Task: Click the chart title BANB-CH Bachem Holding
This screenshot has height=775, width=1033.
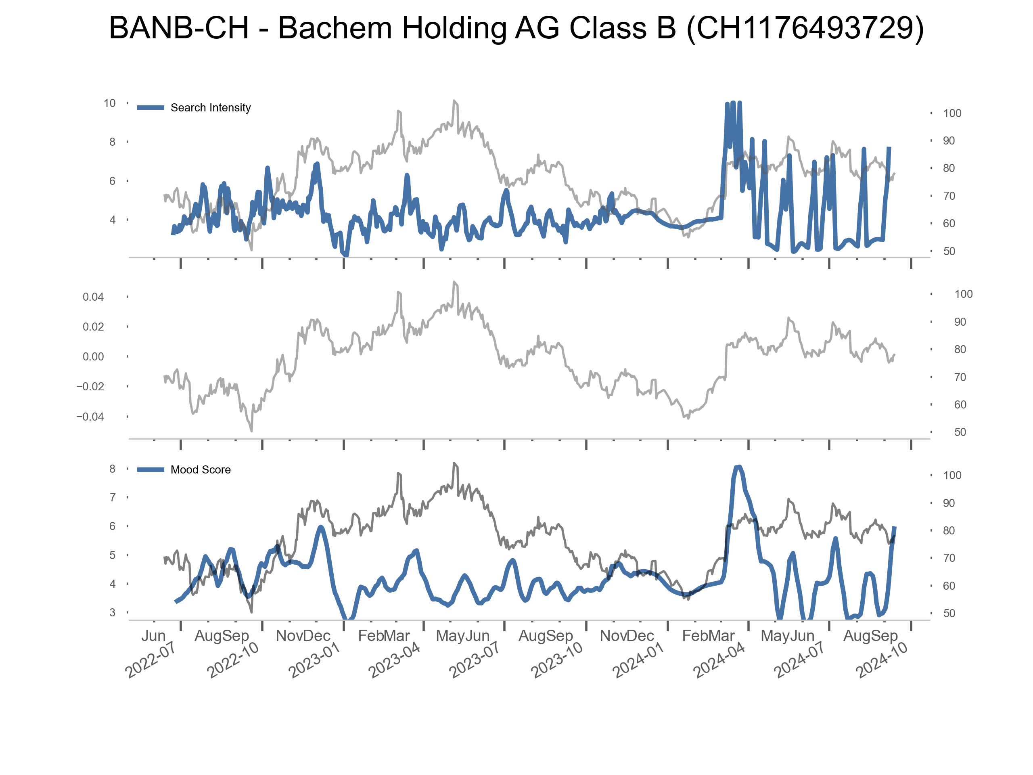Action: (516, 28)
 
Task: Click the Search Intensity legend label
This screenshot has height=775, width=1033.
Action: (211, 108)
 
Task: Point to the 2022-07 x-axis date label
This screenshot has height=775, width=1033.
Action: (151, 660)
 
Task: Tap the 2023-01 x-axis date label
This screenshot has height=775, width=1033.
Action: (314, 660)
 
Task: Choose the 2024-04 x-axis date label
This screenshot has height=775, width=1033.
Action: (719, 660)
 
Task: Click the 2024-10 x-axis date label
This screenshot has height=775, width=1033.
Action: (881, 660)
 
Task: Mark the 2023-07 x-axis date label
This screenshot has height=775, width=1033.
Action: (475, 660)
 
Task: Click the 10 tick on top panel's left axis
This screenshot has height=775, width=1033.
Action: (109, 103)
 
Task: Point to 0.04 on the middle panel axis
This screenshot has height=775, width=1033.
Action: (93, 297)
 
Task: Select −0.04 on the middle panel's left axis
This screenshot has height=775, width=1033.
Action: (90, 417)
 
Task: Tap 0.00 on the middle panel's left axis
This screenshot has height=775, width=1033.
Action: (93, 357)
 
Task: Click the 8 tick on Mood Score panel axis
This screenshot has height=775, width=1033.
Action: (112, 469)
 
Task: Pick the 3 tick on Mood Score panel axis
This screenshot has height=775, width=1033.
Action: (112, 613)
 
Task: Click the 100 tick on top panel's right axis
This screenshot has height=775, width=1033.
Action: (952, 113)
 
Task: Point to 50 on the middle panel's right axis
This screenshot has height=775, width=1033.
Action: (960, 433)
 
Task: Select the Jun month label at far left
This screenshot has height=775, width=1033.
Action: (153, 636)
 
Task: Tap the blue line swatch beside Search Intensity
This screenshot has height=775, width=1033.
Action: (151, 108)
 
